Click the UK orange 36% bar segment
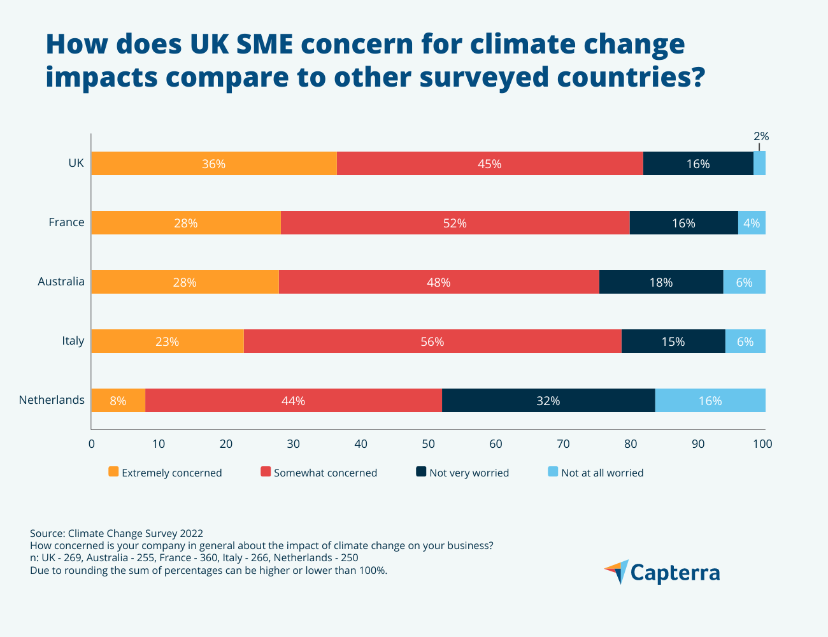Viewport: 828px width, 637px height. pos(214,164)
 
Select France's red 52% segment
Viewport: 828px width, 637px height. pos(455,223)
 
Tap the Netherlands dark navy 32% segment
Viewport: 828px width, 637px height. pos(548,401)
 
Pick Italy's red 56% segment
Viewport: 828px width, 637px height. pos(432,341)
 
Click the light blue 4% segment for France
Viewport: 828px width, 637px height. pos(752,223)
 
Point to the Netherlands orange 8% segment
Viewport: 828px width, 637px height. pos(118,401)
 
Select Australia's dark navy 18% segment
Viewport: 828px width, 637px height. pos(660,282)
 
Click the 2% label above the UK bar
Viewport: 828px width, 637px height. pos(761,136)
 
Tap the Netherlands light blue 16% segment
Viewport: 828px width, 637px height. pos(710,401)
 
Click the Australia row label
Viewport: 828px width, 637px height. pos(61,282)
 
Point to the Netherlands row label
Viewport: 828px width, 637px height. pos(52,400)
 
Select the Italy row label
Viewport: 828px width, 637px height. pos(73,341)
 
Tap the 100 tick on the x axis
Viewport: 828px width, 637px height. pos(762,444)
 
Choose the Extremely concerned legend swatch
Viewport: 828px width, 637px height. pos(113,472)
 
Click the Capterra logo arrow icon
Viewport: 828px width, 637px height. pos(617,571)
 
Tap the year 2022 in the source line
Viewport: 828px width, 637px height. pos(191,533)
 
